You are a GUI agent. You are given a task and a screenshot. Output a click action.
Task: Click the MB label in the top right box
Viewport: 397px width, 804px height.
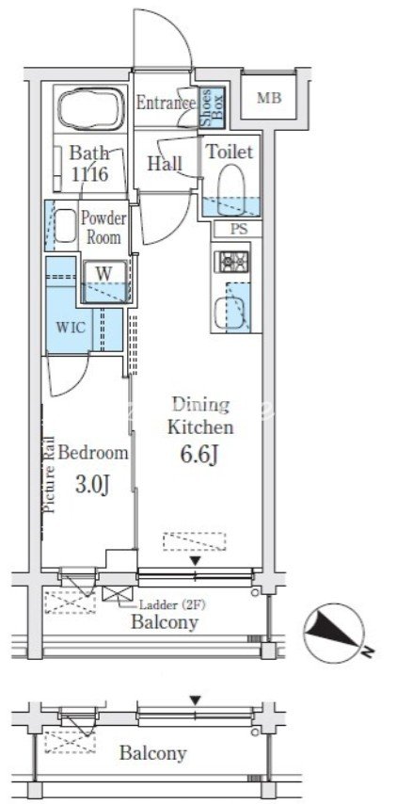tap(269, 99)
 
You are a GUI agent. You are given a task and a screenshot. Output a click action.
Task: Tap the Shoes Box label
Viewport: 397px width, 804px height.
tap(212, 107)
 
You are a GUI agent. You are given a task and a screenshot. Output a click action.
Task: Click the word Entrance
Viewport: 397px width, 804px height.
tap(166, 103)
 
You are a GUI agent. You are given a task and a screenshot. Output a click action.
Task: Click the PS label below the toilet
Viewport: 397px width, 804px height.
tap(238, 229)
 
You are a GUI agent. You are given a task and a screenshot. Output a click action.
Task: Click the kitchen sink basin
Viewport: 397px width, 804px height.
tap(226, 313)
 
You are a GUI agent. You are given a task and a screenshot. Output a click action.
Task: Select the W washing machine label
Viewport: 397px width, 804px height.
tap(104, 273)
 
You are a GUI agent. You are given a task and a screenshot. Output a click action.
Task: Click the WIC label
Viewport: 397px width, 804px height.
tap(68, 327)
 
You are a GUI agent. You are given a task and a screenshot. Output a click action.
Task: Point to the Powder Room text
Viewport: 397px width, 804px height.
tap(104, 228)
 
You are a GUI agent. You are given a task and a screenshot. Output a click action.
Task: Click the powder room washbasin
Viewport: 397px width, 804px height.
tap(66, 225)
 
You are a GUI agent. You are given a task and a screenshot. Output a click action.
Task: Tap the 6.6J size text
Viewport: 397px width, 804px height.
tap(200, 454)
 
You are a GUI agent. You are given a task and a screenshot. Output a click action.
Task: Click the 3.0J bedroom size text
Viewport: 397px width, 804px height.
tap(93, 484)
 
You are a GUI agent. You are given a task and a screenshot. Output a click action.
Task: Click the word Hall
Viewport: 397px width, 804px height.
tap(165, 164)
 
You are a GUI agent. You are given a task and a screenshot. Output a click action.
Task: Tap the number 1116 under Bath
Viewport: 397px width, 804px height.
tap(89, 174)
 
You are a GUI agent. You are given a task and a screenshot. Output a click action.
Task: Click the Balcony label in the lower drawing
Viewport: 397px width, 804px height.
tap(152, 753)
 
